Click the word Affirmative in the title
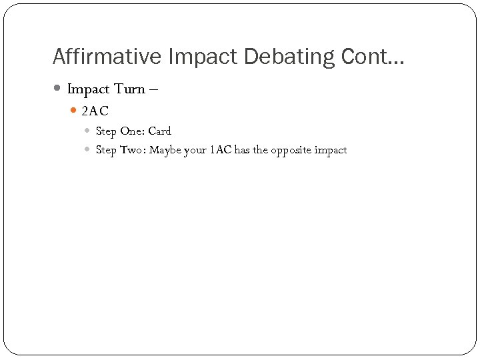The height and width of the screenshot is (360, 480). (107, 57)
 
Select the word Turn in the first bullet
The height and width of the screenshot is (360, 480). (130, 89)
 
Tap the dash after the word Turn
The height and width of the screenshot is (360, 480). (155, 89)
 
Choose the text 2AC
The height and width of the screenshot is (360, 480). (95, 111)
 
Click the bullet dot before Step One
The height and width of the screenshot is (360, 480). (89, 131)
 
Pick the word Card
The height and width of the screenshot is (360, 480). (159, 131)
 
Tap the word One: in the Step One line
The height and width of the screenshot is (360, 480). (132, 131)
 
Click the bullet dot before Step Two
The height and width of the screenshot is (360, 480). (89, 150)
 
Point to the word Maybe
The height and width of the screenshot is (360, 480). (165, 150)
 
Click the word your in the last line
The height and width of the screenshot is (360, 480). (195, 150)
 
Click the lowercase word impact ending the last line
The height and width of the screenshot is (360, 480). (331, 150)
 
